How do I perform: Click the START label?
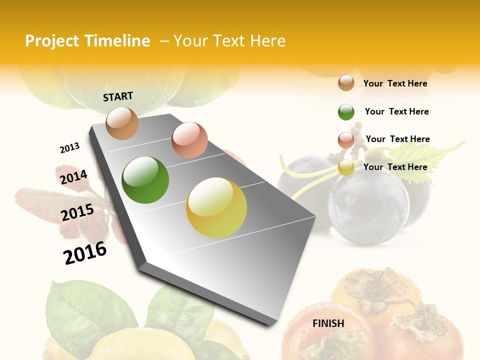coord(118,96)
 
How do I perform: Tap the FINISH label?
coord(328,323)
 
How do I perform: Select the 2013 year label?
coord(69,148)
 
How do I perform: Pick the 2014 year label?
coord(73,177)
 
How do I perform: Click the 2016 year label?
coord(85,252)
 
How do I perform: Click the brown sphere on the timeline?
coord(122,123)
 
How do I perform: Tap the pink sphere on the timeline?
coord(189,140)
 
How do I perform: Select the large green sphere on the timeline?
coord(145,180)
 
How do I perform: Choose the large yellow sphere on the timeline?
coord(216,207)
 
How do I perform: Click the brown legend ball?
coord(346,83)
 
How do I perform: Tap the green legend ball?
coord(346,112)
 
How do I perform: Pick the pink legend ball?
coord(346,140)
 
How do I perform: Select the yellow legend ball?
coord(346,167)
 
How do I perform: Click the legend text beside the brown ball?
coord(395,84)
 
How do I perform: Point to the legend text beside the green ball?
coord(396,111)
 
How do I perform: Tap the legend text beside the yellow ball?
coord(395,167)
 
